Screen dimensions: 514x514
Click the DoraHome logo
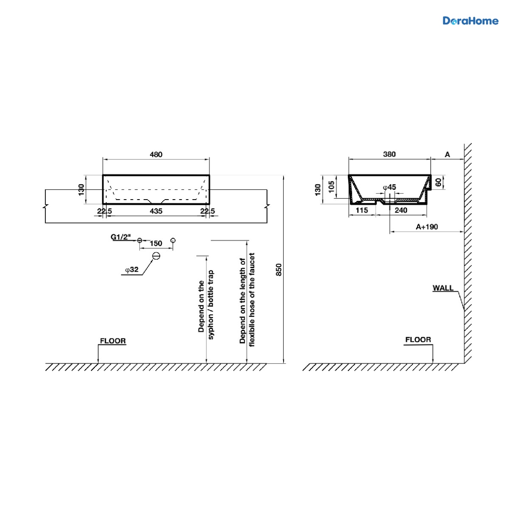pyautogui.click(x=470, y=21)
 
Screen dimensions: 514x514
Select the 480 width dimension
pyautogui.click(x=156, y=155)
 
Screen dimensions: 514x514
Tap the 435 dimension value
pyautogui.click(x=156, y=211)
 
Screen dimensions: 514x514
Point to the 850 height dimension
pyautogui.click(x=278, y=270)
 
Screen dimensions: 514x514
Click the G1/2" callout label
pyautogui.click(x=121, y=237)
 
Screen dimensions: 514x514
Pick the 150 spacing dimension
pyautogui.click(x=156, y=243)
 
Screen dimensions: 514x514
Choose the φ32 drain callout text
pyautogui.click(x=132, y=270)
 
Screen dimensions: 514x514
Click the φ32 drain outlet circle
pyautogui.click(x=156, y=256)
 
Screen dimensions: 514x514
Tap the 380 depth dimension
pyautogui.click(x=389, y=154)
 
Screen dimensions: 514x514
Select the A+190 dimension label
pyautogui.click(x=427, y=227)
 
